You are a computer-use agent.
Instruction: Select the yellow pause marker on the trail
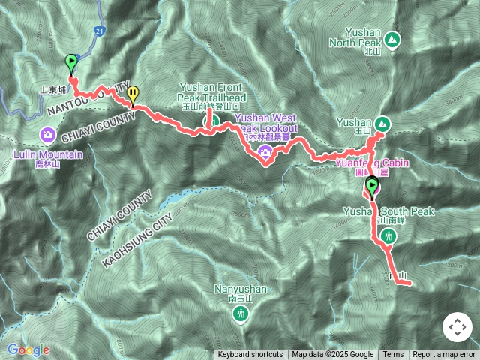coord(133,94)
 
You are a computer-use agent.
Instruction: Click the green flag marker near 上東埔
coord(72,62)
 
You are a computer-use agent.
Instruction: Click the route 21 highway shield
coord(100,31)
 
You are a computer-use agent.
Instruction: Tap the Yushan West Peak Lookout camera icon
coord(264,154)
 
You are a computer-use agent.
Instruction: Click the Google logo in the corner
coord(28,349)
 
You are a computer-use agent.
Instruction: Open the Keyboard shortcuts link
coord(250,355)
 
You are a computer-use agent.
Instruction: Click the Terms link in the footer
coord(393,355)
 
